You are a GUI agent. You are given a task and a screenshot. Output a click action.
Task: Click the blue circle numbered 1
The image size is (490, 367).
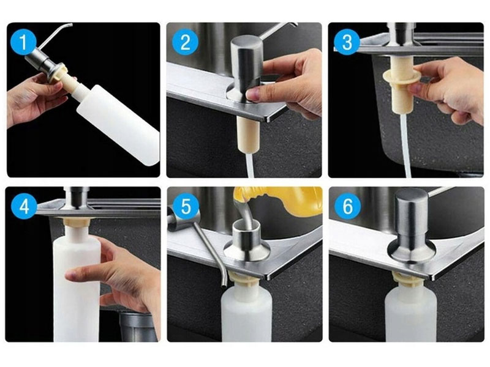(23, 42)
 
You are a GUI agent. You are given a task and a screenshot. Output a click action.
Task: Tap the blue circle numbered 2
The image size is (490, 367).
(185, 42)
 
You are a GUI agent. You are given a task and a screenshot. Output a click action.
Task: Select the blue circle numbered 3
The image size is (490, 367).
(347, 42)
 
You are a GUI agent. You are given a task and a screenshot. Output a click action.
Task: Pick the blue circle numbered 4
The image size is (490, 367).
(24, 206)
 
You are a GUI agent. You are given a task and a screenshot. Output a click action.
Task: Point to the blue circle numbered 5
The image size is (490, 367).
(186, 206)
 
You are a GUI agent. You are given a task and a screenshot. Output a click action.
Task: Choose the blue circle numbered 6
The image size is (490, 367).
(347, 206)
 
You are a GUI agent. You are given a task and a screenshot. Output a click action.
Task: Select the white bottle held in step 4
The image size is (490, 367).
(77, 287)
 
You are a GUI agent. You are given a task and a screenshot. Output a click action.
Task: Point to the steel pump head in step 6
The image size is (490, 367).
(411, 225)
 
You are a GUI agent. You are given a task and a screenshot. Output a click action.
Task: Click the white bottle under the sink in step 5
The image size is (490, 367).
(246, 314)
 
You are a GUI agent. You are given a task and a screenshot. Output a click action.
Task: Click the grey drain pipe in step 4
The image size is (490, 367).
(137, 326)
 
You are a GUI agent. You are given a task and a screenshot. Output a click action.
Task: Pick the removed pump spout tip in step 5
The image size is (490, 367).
(224, 283)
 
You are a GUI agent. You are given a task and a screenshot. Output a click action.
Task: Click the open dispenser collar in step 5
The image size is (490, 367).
(247, 240)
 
